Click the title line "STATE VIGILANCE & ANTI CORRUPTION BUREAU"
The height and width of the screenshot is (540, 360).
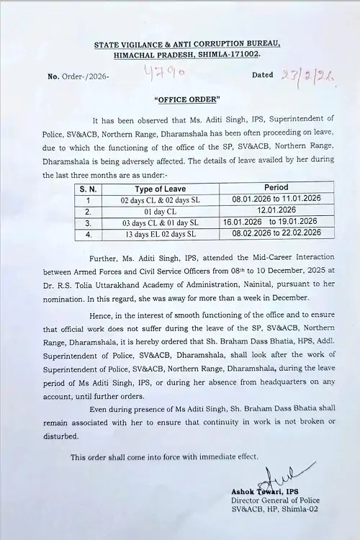point(186,45)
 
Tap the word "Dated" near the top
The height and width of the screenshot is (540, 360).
point(264,75)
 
